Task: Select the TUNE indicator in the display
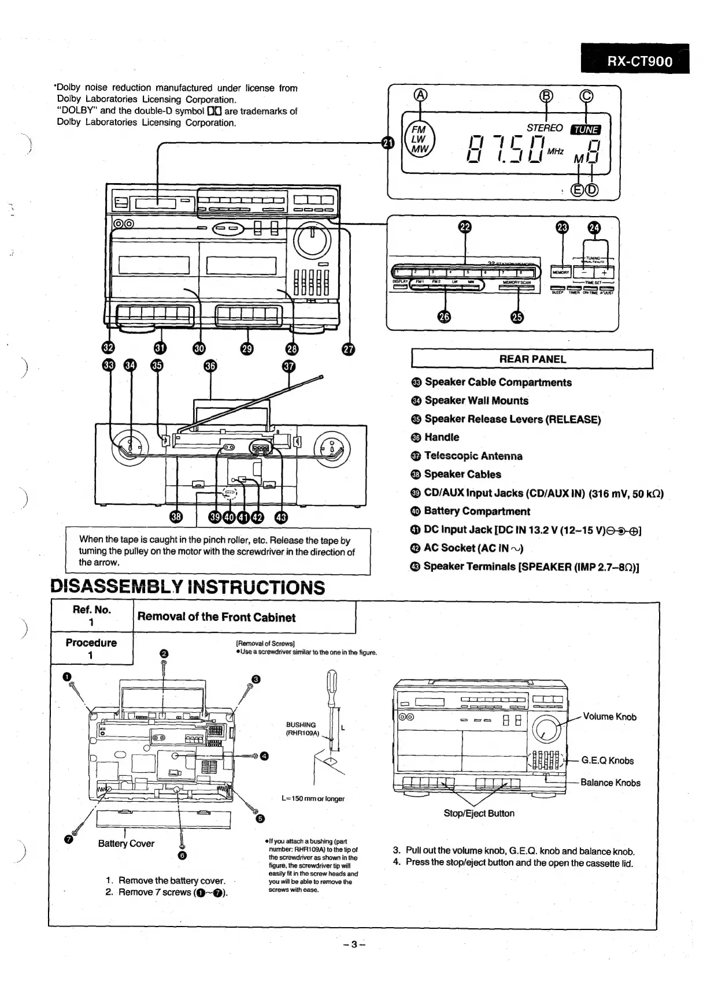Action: click(586, 129)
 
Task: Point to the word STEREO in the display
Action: click(544, 128)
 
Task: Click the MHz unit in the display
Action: click(555, 151)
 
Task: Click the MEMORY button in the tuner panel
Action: click(561, 271)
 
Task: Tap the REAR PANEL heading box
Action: click(532, 359)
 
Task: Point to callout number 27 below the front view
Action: click(348, 348)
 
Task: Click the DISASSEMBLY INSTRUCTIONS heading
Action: click(188, 587)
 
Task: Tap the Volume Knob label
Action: click(609, 717)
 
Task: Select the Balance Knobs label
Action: click(610, 783)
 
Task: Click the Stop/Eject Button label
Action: click(479, 813)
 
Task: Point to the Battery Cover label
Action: click(126, 843)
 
